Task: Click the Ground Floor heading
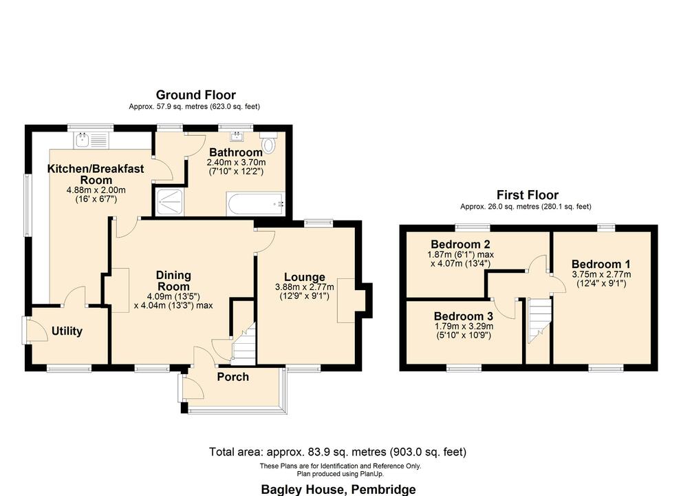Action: click(195, 95)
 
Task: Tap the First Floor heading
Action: click(528, 195)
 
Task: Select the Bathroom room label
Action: click(236, 152)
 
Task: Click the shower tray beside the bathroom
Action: click(169, 203)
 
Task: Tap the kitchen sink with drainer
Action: click(92, 141)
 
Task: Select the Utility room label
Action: click(67, 331)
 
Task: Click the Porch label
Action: click(233, 377)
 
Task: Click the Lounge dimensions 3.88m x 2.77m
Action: click(304, 287)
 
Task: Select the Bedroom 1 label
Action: click(601, 264)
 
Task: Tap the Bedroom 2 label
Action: click(460, 244)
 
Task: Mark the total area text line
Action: click(338, 452)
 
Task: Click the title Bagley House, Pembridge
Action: click(338, 489)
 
